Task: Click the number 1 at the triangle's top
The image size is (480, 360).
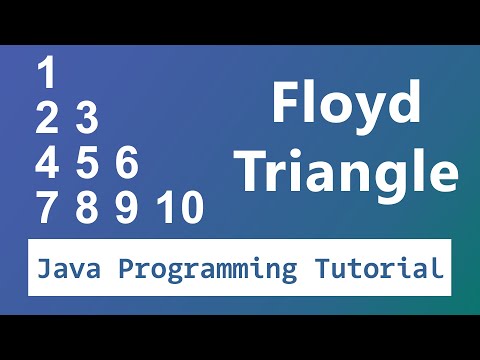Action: coord(47,75)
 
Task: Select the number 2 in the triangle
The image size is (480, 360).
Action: coord(47,119)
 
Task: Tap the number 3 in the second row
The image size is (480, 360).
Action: coord(86,119)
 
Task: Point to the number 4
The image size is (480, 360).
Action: coord(47,163)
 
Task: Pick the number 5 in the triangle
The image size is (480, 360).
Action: coord(86,163)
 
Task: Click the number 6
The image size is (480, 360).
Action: coord(125,163)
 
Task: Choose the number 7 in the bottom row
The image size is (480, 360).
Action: coord(47,208)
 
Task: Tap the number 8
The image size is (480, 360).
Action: coord(86,208)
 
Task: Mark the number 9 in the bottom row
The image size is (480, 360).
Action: coord(125,208)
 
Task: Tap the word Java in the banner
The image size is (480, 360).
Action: coord(68,268)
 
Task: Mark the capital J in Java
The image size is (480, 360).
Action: coord(43,268)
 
